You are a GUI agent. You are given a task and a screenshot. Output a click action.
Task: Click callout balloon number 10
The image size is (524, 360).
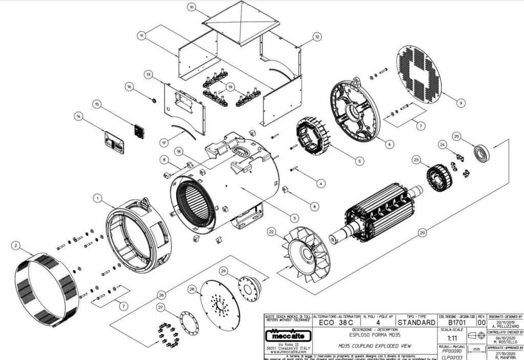[x=191, y=7]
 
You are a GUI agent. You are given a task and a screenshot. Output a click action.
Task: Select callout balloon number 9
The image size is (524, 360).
[x=462, y=103]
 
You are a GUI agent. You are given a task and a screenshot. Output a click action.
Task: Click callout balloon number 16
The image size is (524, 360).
[x=129, y=86]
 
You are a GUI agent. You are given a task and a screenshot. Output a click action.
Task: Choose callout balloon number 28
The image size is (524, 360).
[x=192, y=289]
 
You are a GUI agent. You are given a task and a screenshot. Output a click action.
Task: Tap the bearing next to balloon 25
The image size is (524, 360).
[x=481, y=152]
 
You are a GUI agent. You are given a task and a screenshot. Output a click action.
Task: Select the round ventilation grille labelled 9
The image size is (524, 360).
[x=419, y=74]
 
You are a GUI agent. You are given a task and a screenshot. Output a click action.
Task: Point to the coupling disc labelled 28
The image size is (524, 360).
[x=220, y=305]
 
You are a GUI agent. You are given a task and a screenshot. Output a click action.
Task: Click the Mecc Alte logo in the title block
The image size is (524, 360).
[x=287, y=337]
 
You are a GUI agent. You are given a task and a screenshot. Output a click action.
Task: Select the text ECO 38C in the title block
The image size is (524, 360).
[x=335, y=323]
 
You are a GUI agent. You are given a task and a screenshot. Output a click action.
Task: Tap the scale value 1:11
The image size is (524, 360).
[x=452, y=338]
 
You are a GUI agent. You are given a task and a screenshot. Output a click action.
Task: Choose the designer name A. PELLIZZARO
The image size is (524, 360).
[x=506, y=326]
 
